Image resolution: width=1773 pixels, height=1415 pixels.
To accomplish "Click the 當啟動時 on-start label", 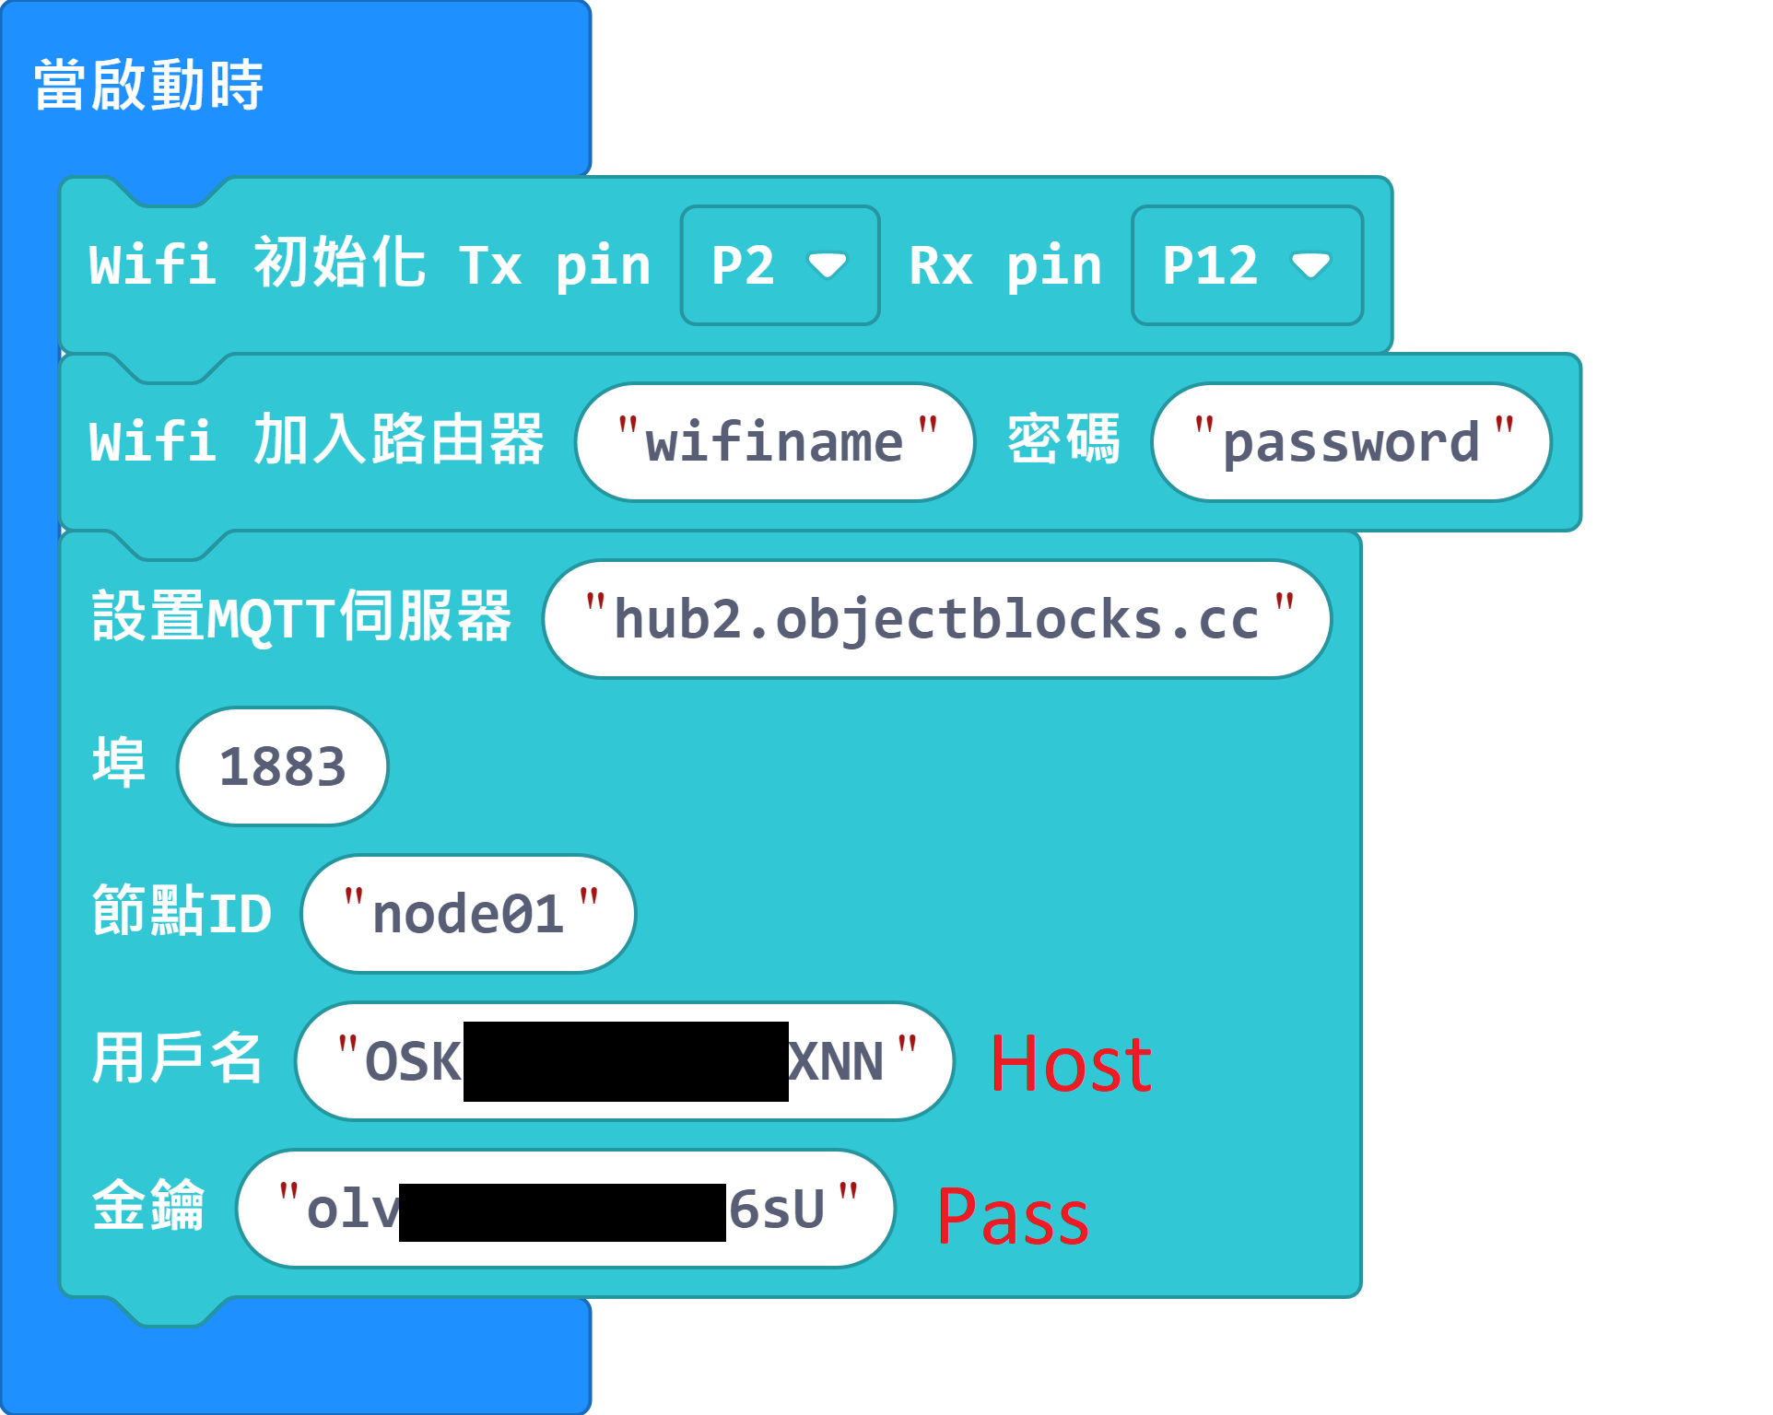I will pos(148,85).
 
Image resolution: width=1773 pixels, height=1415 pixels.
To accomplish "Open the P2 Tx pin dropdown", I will pos(779,265).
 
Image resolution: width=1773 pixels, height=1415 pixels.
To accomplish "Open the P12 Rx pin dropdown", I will pos(1246,265).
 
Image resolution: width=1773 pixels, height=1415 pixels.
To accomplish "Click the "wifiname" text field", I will pos(775,442).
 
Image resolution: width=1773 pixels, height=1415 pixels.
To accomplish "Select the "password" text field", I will pos(1351,442).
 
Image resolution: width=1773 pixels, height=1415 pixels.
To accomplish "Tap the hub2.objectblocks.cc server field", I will pos(936,619).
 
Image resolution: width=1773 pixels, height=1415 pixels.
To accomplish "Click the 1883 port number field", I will pos(282,766).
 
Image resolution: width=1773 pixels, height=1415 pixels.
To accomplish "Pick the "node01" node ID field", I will pos(468,914).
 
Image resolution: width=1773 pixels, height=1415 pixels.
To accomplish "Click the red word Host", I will pos(1071,1064).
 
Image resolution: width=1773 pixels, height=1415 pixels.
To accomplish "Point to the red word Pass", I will pos(1013,1216).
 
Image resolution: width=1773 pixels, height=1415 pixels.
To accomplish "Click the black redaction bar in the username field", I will pos(626,1061).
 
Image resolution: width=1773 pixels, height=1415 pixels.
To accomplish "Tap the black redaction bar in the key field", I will pos(562,1211).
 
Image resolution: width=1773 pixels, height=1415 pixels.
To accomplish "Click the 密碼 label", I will pos(1063,439).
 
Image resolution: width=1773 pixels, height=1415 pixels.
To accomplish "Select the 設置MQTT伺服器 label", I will pos(301,617).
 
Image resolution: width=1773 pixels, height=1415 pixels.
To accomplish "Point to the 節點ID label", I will pos(182,912).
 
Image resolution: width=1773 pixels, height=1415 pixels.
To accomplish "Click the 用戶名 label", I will pos(177,1058).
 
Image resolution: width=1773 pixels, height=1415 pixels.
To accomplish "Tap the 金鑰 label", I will pos(147,1206).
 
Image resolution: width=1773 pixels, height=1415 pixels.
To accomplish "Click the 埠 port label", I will pos(119,763).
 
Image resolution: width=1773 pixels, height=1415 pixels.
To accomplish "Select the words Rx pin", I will pos(1005,266).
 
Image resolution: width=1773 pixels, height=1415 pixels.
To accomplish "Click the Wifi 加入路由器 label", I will pos(316,439).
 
